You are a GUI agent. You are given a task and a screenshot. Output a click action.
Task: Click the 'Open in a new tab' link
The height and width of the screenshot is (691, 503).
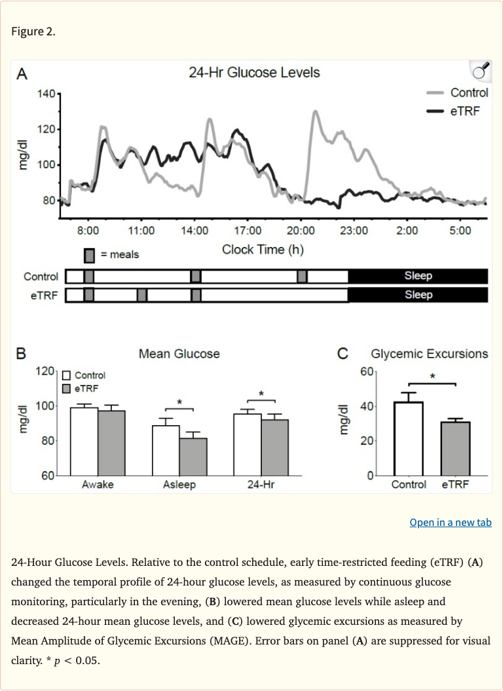pyautogui.click(x=450, y=522)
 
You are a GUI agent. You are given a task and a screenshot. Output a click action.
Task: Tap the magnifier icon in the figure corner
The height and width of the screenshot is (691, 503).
pyautogui.click(x=480, y=70)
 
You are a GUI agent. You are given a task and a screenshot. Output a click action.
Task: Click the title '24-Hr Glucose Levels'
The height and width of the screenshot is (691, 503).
pyautogui.click(x=254, y=72)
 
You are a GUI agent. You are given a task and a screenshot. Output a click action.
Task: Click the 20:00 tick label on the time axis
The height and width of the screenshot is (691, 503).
pyautogui.click(x=301, y=231)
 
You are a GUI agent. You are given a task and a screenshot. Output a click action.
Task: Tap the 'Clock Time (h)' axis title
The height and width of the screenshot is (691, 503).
pyautogui.click(x=263, y=250)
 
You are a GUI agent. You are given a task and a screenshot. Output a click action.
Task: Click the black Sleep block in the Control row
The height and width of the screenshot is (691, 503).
pyautogui.click(x=418, y=276)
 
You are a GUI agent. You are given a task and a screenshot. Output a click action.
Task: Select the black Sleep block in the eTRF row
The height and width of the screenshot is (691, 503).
pyautogui.click(x=418, y=295)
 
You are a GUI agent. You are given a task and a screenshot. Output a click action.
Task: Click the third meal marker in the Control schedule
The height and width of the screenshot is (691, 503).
pyautogui.click(x=302, y=276)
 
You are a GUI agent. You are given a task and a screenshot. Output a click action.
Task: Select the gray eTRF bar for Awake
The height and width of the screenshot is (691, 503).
pyautogui.click(x=111, y=442)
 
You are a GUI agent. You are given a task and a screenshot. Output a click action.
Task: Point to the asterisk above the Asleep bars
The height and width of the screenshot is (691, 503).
pyautogui.click(x=179, y=402)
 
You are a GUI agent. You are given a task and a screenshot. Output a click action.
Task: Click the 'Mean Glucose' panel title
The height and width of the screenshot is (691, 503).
pyautogui.click(x=179, y=354)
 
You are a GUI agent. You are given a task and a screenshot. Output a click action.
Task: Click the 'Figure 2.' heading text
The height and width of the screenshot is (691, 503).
pyautogui.click(x=33, y=32)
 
